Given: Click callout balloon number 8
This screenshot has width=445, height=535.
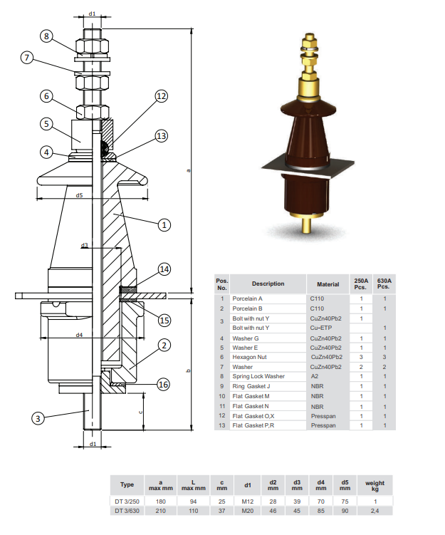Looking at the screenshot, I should point(46,36).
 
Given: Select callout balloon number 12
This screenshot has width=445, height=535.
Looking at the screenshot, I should point(162,96).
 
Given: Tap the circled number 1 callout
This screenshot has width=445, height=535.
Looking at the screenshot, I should point(164,224).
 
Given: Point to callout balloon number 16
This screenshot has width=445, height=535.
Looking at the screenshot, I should point(163,385).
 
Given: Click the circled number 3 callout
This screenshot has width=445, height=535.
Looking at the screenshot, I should point(39,418).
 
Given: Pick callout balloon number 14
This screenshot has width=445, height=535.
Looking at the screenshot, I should point(164,269).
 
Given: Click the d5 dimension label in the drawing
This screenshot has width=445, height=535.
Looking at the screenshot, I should point(79,194).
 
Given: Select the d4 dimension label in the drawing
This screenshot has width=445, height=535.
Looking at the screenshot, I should point(79,334).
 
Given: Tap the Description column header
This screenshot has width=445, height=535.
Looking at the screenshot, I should point(268,284).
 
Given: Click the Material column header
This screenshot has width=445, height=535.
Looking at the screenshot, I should point(328,284).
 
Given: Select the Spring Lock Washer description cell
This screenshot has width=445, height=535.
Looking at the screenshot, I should point(258,376).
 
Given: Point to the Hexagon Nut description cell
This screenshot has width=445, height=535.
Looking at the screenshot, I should point(249,357).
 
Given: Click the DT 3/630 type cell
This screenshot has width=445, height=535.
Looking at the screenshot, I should point(127,511).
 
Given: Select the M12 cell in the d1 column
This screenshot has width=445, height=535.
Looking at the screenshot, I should point(248,502).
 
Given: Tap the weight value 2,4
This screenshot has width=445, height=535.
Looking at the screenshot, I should point(375,511).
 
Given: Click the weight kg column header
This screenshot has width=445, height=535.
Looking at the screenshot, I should point(375,485).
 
